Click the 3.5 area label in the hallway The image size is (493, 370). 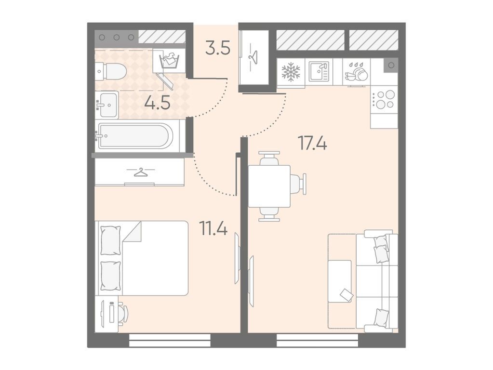pyautogui.click(x=218, y=49)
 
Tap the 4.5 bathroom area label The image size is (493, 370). pyautogui.click(x=157, y=103)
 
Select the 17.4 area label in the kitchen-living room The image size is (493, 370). pyautogui.click(x=312, y=144)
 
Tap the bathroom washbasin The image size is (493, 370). pyautogui.click(x=107, y=105)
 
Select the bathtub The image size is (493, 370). pyautogui.click(x=135, y=136)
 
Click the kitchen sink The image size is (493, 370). pyautogui.click(x=319, y=72)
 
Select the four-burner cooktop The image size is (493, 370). pyautogui.click(x=384, y=99)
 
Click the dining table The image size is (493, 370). pyautogui.click(x=269, y=186)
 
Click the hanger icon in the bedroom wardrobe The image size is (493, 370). pyautogui.click(x=141, y=172)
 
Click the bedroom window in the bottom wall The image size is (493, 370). pyautogui.click(x=170, y=341)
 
